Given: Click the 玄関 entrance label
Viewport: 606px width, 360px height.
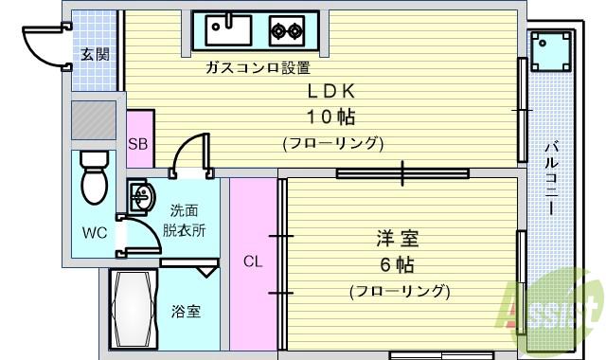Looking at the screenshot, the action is coord(94,54).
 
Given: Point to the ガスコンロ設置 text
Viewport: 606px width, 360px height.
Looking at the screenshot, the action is coord(258,68).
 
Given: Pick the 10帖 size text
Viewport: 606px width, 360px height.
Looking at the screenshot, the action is coord(330,117).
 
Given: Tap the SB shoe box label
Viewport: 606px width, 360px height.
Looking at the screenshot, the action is coord(138,145).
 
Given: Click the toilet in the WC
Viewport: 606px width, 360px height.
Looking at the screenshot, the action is coord(95,176).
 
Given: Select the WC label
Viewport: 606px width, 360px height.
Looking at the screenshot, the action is coord(94,232).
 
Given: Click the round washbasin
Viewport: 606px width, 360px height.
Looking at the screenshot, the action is coord(143,198).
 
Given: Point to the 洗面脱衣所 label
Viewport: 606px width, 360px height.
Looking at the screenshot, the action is coord(185,221).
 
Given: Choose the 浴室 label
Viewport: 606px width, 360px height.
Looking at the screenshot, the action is coord(186,312).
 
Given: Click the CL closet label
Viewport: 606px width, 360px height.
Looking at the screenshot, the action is coord(253,262).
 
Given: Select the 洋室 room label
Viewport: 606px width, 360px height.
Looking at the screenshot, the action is coord(398,238).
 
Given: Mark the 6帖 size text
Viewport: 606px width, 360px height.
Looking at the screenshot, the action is coord(398,264).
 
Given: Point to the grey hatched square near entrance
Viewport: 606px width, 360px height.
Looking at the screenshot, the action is coord(95,120).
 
